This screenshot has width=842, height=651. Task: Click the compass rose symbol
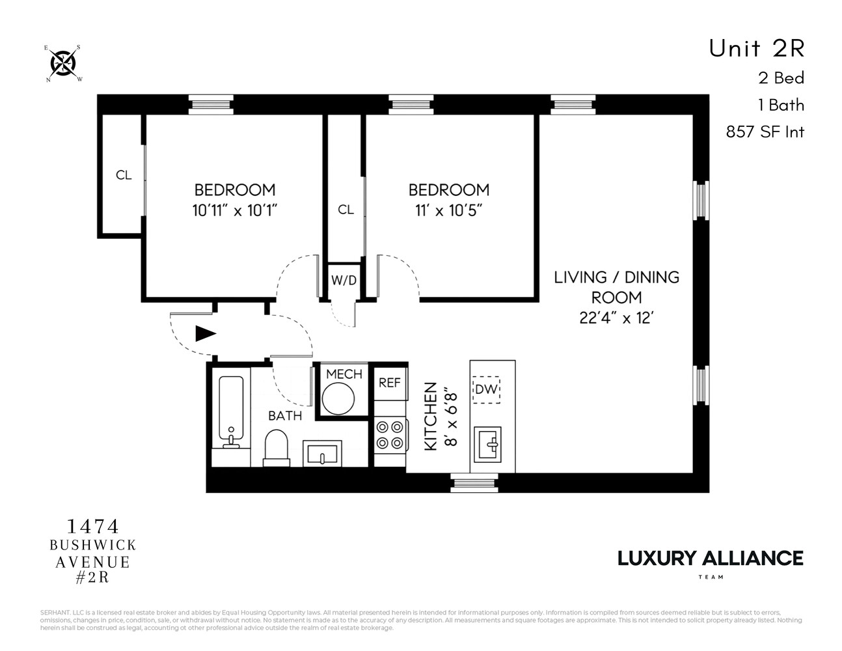tap(64, 64)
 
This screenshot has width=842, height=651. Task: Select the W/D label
tap(344, 281)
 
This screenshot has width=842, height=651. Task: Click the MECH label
tap(344, 374)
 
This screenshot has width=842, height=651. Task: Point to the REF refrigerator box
tap(390, 383)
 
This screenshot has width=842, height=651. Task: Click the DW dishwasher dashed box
tap(486, 389)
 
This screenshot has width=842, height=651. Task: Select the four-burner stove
tap(390, 435)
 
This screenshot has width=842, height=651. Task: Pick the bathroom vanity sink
tap(322, 454)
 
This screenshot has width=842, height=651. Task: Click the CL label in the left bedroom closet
tap(124, 175)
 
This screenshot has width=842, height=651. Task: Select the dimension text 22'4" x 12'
tap(616, 319)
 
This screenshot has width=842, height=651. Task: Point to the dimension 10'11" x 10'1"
tap(235, 211)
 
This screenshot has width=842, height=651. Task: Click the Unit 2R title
tap(756, 48)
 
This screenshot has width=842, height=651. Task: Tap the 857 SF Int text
tap(765, 132)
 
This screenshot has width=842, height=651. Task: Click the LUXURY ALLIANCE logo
tap(710, 559)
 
